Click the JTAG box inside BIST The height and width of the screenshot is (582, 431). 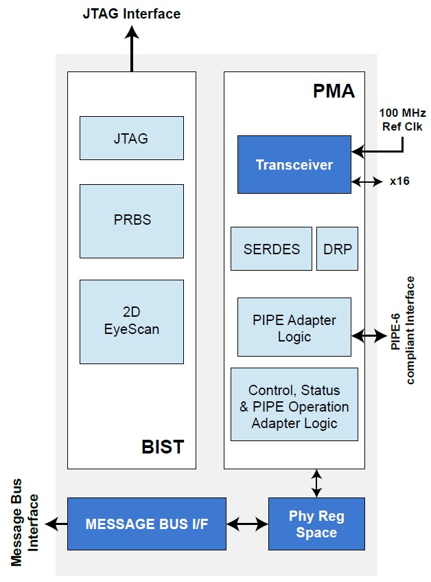[x=131, y=138]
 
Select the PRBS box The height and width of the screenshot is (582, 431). [x=131, y=221]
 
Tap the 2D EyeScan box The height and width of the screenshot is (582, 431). [x=131, y=321]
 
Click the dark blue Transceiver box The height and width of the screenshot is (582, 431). [x=294, y=164]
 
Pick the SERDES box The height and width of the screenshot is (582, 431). [x=271, y=249]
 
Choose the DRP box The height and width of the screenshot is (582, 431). [x=337, y=249]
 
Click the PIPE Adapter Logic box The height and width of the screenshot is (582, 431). [x=294, y=327]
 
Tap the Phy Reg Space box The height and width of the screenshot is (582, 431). [x=316, y=524]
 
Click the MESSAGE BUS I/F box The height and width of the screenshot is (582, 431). [x=146, y=524]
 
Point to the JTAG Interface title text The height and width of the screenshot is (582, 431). [x=132, y=13]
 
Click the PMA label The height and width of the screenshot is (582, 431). [x=334, y=91]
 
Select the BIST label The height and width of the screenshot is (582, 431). [x=162, y=447]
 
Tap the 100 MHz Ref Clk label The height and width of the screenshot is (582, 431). [x=402, y=120]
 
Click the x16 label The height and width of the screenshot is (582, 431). [x=399, y=181]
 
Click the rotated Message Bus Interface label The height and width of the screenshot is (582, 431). [x=25, y=523]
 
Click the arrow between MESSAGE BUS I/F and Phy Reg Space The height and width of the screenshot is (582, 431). [x=247, y=524]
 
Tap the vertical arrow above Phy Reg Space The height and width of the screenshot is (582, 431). [x=316, y=483]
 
